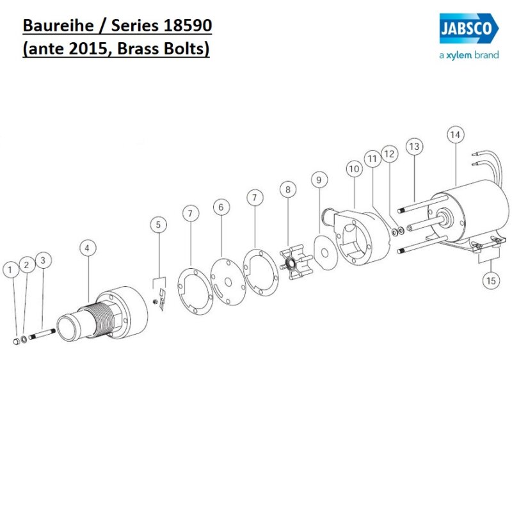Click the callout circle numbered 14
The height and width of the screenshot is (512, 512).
(455, 135)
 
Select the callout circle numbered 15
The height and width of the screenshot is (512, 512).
(491, 280)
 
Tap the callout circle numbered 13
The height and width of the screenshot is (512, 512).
(414, 147)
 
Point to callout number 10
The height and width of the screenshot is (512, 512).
(354, 168)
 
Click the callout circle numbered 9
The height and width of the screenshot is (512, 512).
(317, 180)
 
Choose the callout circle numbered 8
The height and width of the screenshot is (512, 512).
(288, 189)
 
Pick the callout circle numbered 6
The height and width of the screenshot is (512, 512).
(221, 207)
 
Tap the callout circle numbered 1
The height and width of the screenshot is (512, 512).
(10, 270)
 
